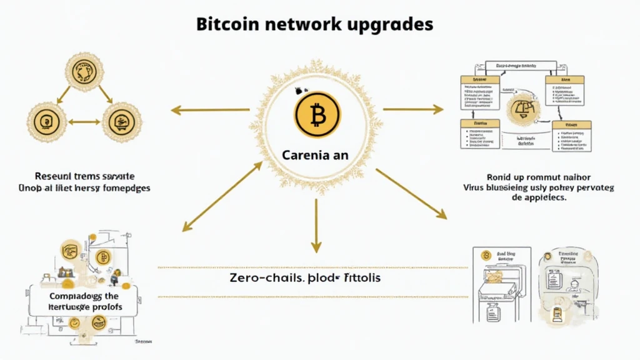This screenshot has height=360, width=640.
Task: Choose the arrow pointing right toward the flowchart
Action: click(412, 109)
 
